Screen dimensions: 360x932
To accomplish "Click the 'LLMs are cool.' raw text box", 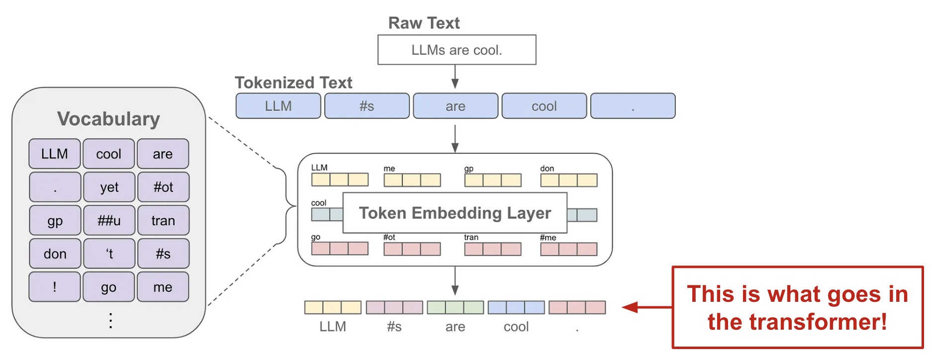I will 457,50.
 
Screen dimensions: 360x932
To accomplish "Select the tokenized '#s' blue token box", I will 367,106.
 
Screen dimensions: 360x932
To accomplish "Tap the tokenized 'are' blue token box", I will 456,106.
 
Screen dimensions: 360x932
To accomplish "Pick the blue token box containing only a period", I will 633,106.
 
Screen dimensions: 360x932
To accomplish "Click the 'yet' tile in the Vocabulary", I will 109,187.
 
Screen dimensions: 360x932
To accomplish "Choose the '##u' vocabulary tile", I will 109,220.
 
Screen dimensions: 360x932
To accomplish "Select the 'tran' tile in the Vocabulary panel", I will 163,220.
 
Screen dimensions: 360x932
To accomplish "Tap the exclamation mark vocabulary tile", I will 55,287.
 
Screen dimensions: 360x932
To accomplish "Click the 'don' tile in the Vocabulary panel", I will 55,254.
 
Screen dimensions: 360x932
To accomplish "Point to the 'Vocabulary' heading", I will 108,119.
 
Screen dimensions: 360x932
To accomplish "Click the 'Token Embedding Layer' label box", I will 455,213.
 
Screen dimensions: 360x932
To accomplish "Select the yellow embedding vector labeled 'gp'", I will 492,180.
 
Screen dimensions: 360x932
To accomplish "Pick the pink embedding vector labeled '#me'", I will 568,249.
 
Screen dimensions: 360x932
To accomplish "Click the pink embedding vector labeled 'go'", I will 340,248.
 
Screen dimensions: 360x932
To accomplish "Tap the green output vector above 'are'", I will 455,307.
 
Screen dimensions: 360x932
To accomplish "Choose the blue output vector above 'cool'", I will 516,307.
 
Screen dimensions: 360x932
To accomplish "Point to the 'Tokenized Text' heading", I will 293,83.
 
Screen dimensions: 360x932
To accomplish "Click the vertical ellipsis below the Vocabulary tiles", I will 110,321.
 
